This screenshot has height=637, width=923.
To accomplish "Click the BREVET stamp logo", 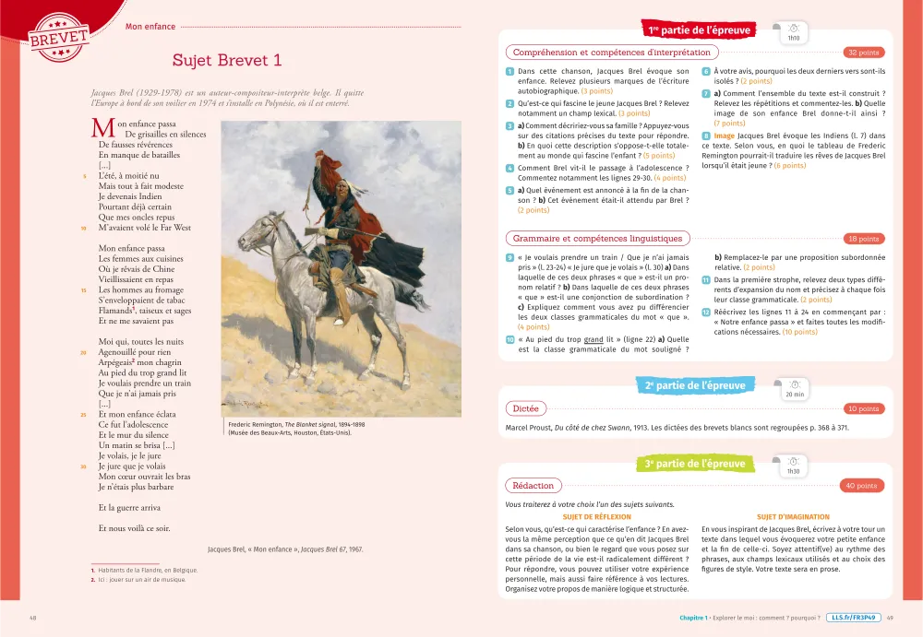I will pyautogui.click(x=59, y=34).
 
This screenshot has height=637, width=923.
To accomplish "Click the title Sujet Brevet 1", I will pyautogui.click(x=226, y=61).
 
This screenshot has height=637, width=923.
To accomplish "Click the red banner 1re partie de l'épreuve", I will pyautogui.click(x=700, y=30).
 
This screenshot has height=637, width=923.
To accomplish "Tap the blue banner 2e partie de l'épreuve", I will pyautogui.click(x=695, y=385).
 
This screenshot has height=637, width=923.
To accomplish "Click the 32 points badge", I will pyautogui.click(x=862, y=53).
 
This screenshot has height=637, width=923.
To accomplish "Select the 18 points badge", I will pyautogui.click(x=862, y=239).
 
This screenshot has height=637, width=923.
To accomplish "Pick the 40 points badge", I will pyautogui.click(x=862, y=486).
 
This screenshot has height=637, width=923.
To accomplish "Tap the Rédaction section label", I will pyautogui.click(x=533, y=486).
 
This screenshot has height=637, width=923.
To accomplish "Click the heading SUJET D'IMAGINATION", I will pyautogui.click(x=793, y=517).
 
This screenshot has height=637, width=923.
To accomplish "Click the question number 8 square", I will pyautogui.click(x=706, y=136).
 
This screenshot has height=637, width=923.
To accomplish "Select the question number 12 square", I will pyautogui.click(x=706, y=313).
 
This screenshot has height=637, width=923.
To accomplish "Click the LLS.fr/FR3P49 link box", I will pyautogui.click(x=853, y=618).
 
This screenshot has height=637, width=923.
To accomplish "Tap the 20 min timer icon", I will pyautogui.click(x=793, y=387).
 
